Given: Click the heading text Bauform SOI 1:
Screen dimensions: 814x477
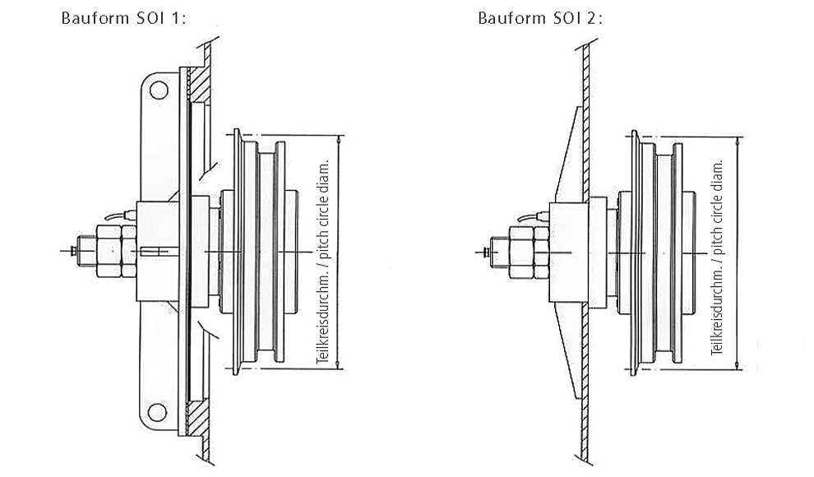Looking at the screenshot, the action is coord(123,18).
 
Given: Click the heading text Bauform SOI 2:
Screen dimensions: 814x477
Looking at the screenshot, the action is coord(540,18).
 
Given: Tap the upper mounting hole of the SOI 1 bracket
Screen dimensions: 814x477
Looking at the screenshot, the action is coord(159,90).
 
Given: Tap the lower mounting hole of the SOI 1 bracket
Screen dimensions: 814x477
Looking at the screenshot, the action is coord(157,412).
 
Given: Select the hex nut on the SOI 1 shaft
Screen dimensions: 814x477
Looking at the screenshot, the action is coord(116,251).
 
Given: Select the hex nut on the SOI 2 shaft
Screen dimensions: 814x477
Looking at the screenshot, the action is coord(529,252).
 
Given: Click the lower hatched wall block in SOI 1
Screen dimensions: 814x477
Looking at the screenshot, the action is coord(198,419).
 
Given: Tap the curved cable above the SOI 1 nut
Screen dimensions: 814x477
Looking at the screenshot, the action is coord(119,215).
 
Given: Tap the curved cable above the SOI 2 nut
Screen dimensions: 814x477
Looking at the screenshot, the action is coord(533,216).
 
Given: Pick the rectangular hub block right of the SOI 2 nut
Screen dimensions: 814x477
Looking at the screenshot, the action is coord(568,252).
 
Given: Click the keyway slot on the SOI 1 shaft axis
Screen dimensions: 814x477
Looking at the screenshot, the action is coord(155,252).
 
